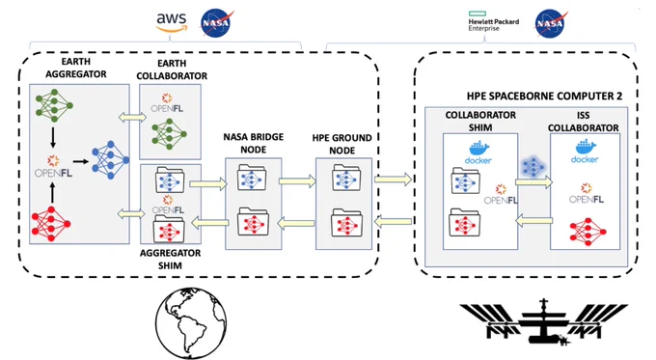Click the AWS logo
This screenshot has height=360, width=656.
click(x=172, y=22)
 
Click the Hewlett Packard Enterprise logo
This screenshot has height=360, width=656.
click(x=493, y=21)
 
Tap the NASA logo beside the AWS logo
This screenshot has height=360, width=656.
click(x=216, y=23)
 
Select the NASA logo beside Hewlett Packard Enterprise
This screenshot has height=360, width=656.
click(x=551, y=23)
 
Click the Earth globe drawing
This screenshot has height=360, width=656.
click(x=191, y=322)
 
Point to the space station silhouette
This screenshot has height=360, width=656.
click(x=543, y=321)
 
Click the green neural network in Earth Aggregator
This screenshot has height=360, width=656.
click(x=54, y=105)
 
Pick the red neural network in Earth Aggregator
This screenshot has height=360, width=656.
click(x=51, y=224)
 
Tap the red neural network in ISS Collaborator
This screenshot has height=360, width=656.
click(x=588, y=232)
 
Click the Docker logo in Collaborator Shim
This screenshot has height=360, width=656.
click(x=478, y=152)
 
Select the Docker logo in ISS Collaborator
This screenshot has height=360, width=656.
click(x=585, y=152)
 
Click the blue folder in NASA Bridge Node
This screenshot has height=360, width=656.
click(x=253, y=178)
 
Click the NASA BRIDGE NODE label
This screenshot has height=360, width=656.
click(x=254, y=143)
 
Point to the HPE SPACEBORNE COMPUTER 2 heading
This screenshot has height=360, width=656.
click(x=544, y=96)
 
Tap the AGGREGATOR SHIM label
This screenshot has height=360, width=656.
click(x=171, y=259)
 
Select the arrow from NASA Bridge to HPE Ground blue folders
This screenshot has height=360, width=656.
click(x=297, y=181)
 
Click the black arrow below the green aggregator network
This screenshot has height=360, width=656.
click(x=53, y=137)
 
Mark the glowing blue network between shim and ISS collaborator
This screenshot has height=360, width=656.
click(x=533, y=167)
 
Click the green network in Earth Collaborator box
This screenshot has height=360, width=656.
click(x=169, y=134)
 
